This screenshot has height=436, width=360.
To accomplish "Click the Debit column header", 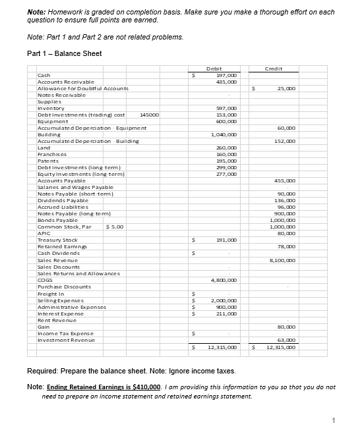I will click(214, 68).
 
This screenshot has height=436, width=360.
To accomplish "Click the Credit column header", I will click(273, 68).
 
